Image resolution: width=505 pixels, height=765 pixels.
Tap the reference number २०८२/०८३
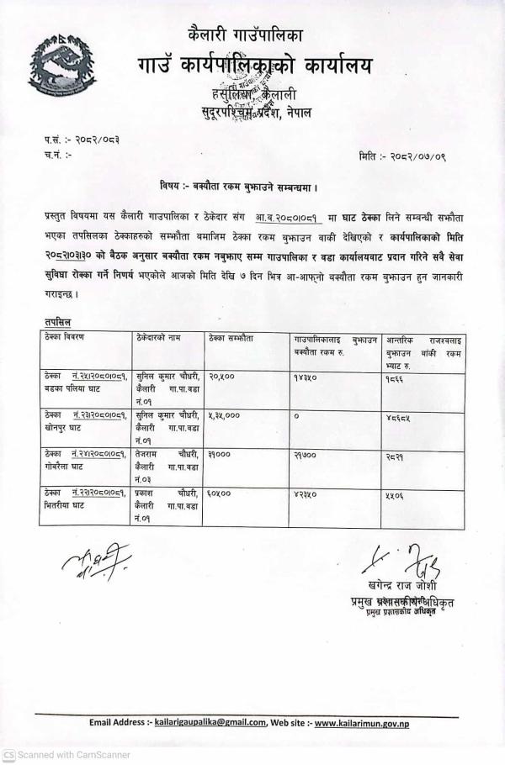coord(92,140)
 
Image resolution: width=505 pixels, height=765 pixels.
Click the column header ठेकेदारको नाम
coord(162,336)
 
